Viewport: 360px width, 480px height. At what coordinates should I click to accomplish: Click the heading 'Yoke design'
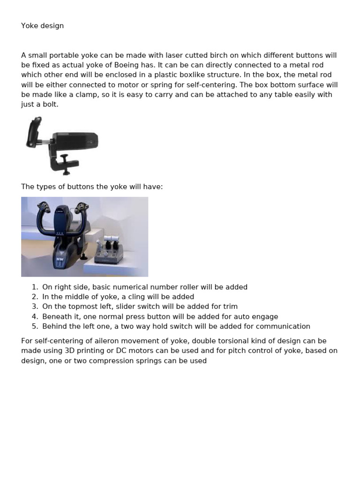tap(42, 26)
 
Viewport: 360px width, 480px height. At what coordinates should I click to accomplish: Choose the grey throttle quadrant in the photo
tap(109, 251)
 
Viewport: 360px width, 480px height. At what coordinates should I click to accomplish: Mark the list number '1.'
tap(35, 287)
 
